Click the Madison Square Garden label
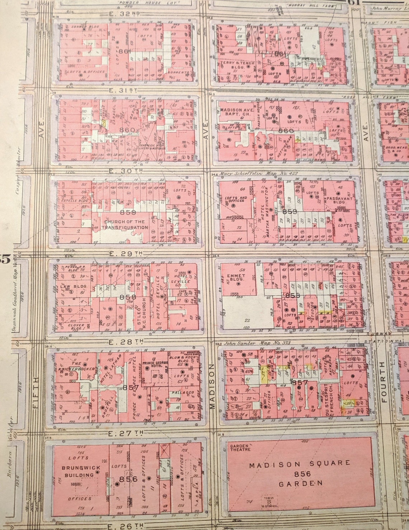[x=300, y=473]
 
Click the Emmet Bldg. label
[x=236, y=278]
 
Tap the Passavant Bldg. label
[x=339, y=200]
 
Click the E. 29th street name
[x=126, y=253]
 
